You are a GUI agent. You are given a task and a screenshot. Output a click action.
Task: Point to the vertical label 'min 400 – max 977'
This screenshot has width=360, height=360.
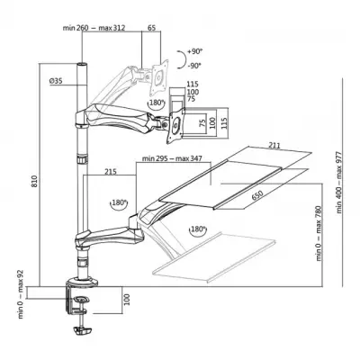[339, 180]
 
